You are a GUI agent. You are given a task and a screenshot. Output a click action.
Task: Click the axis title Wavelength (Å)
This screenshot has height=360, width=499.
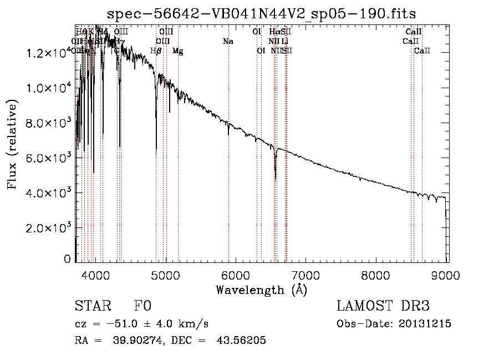(x=261, y=290)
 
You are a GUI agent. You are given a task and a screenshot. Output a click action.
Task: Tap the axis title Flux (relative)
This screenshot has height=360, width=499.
(x=12, y=144)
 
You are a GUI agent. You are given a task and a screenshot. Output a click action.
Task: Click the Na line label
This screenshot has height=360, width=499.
(x=228, y=41)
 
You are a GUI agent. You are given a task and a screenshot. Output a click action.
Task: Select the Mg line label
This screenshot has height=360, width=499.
(x=177, y=51)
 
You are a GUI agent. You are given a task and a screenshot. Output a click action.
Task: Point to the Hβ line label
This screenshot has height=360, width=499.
(x=156, y=51)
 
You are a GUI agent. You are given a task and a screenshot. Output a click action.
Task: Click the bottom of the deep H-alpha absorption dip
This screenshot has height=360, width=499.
(x=276, y=179)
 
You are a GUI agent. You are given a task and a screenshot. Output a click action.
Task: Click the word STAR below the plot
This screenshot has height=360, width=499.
(x=92, y=307)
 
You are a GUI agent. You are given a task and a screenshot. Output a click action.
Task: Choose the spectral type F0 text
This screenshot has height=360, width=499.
(x=142, y=307)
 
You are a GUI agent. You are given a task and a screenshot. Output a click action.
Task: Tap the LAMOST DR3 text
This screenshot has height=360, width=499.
(x=383, y=307)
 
